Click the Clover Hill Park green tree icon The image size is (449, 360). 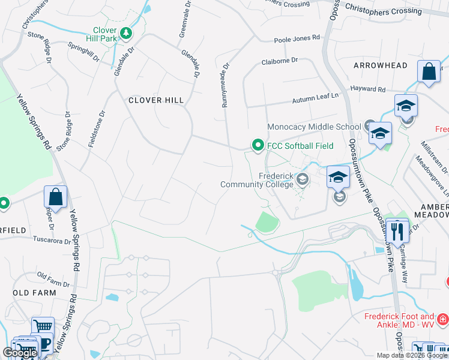click(125, 32)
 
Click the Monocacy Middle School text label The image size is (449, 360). click(314, 127)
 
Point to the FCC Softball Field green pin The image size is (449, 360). click(258, 145)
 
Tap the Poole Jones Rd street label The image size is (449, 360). click(297, 38)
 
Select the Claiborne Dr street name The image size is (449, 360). click(279, 61)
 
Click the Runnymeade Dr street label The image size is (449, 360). click(226, 86)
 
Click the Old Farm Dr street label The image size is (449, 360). click(53, 279)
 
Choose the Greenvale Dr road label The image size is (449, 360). click(185, 19)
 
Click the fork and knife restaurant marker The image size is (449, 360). click(397, 230)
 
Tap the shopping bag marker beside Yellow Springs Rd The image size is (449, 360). click(55, 197)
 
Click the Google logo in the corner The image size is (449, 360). click(20, 353)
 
